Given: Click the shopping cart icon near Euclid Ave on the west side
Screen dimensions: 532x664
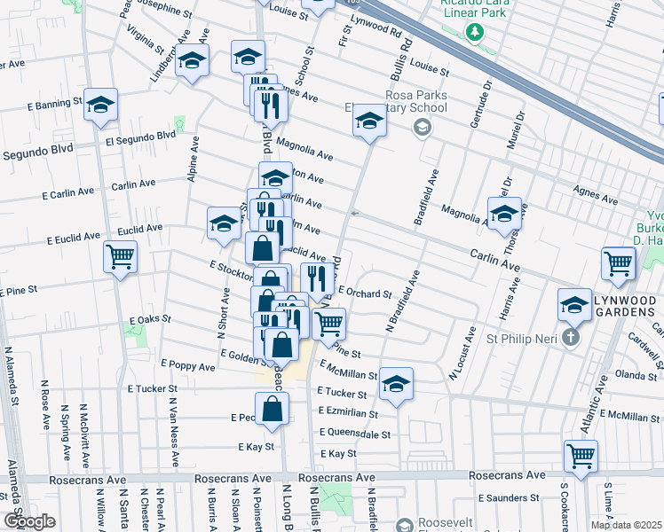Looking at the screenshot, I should click(x=120, y=257).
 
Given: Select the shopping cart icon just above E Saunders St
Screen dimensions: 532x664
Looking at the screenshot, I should click(x=580, y=457).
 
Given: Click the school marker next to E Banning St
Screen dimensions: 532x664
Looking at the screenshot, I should click(x=101, y=106).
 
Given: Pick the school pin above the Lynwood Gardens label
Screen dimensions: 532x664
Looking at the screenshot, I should click(x=574, y=306).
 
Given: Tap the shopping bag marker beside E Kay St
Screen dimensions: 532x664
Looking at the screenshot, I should click(x=273, y=409).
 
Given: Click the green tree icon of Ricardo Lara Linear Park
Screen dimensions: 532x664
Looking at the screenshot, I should click(x=476, y=32).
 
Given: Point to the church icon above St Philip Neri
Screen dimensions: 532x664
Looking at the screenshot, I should click(x=570, y=337).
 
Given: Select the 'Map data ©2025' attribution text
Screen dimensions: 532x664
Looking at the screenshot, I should click(x=625, y=525).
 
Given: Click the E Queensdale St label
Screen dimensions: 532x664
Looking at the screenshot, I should click(x=354, y=434).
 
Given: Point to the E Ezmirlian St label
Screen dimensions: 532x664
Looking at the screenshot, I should click(x=347, y=413).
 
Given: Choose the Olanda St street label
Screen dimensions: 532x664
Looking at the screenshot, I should click(x=635, y=376).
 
